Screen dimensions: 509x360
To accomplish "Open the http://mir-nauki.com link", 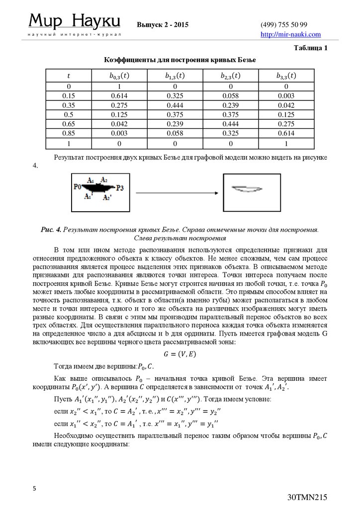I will [291, 34].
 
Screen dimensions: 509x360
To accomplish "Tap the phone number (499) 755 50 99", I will [284, 25].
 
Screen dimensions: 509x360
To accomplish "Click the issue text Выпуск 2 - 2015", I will [163, 25].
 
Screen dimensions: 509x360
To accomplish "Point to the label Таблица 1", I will [311, 48].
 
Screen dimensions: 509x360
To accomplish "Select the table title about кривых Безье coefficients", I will [180, 60].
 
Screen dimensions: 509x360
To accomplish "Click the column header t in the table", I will [69, 76].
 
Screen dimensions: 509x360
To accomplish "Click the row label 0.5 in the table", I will [69, 114].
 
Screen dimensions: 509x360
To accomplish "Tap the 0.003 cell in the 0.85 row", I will [119, 134].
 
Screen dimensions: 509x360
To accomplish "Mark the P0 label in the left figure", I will [77, 187].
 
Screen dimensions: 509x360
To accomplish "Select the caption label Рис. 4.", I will [51, 230].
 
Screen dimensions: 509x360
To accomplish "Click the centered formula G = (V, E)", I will [180, 354].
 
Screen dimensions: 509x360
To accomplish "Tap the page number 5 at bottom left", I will [35, 489].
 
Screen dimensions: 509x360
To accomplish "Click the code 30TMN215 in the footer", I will [307, 498].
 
